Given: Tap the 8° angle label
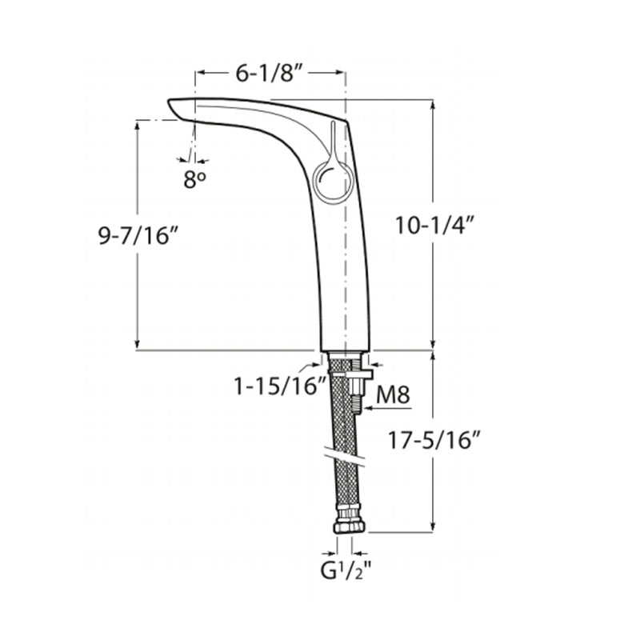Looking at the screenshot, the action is tap(194, 179).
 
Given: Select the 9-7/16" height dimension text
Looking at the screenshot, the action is tap(138, 235).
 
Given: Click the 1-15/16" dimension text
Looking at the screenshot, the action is tap(280, 386).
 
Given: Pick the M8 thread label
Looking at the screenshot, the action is tap(393, 394).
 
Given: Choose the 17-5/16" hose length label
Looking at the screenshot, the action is tap(434, 441).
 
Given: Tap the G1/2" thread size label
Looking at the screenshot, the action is tap(346, 570).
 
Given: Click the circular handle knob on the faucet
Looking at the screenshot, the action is tap(332, 181).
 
